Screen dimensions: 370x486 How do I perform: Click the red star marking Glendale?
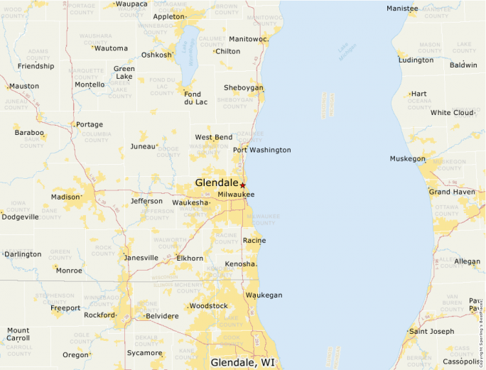242,185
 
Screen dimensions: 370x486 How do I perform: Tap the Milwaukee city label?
236,194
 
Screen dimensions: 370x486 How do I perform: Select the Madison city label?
65,197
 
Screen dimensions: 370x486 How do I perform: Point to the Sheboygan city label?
243,87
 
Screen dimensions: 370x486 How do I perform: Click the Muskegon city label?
407,159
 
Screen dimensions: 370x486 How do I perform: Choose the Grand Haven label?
451,192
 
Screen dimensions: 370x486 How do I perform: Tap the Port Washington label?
261,150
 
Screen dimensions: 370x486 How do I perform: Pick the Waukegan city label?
264,295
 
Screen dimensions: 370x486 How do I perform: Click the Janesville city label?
141,257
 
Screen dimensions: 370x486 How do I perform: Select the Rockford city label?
99,315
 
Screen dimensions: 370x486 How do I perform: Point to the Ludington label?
416,60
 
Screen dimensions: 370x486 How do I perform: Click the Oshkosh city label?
156,55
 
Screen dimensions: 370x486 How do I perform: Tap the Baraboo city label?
29,132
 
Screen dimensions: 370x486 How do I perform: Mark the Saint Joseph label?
431,331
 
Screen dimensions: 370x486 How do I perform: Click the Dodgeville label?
20,217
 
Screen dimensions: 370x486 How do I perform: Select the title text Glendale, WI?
243,362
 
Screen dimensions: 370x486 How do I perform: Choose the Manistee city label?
402,8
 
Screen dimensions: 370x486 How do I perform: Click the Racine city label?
254,240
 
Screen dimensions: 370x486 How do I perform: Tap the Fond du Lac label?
193,97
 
